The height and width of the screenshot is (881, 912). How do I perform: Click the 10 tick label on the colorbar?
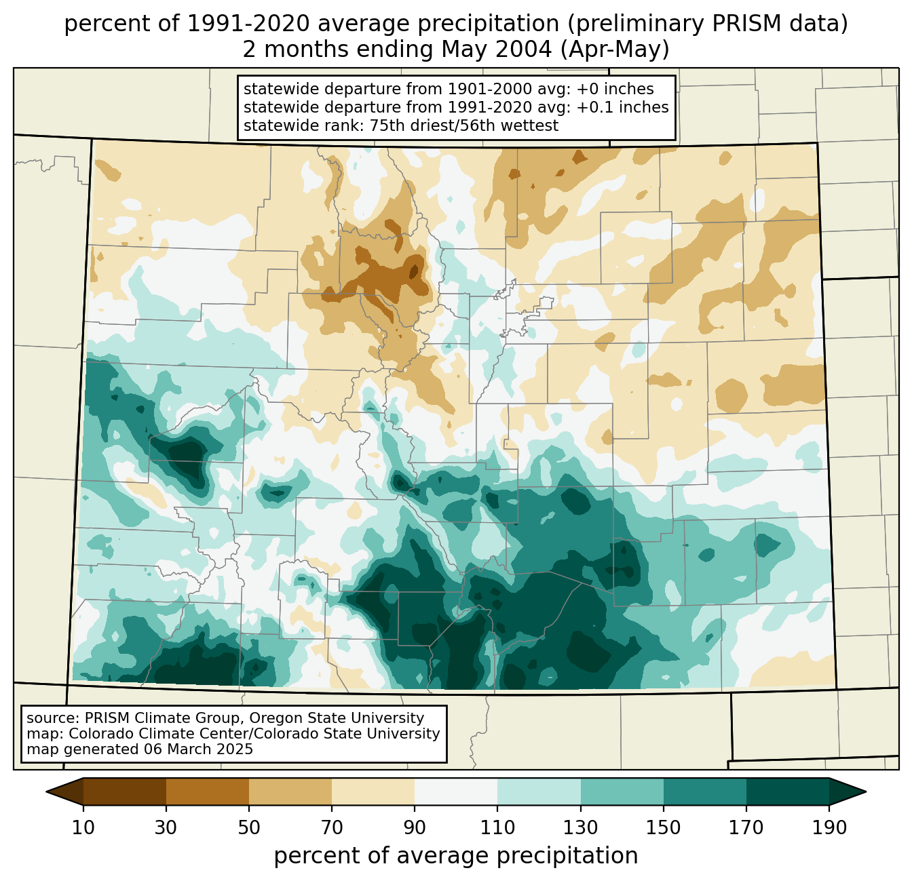coord(83,827)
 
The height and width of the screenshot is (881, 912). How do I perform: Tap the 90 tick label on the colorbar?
coord(415,827)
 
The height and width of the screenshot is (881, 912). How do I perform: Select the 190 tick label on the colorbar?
coord(829,827)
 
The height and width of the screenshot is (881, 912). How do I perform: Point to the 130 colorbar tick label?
coord(581,827)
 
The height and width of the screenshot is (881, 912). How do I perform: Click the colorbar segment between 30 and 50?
coord(208,791)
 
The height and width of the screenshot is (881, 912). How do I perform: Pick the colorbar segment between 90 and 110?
coord(456,791)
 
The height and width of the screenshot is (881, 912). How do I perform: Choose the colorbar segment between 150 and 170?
coord(705,791)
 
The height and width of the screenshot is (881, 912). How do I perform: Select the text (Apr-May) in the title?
coord(622,50)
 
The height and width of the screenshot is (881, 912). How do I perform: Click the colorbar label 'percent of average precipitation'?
coord(456,856)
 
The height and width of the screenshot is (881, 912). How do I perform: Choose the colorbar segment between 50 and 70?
coord(290,791)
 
